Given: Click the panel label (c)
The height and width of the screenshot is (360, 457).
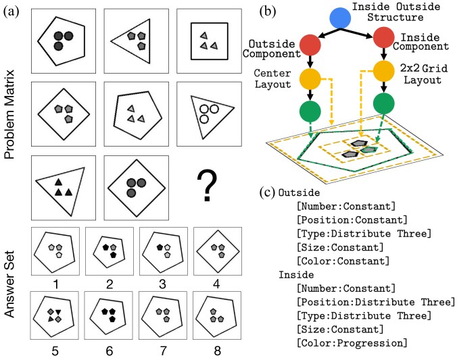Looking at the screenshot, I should (x=268, y=192).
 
